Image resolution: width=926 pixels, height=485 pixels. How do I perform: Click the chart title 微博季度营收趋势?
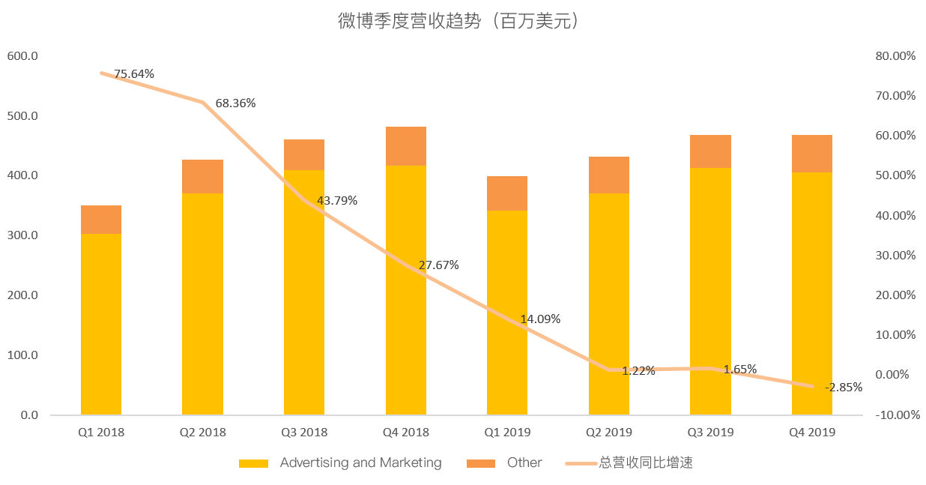pyautogui.click(x=459, y=22)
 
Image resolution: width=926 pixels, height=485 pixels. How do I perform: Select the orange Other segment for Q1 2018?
pyautogui.click(x=101, y=220)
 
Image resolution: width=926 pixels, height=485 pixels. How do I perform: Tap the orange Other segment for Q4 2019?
pyautogui.click(x=812, y=154)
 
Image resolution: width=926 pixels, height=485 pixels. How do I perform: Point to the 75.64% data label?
pyautogui.click(x=134, y=74)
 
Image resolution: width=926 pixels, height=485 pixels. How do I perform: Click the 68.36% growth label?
pyautogui.click(x=235, y=103)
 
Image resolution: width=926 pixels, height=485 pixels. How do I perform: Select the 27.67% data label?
pyautogui.click(x=438, y=265)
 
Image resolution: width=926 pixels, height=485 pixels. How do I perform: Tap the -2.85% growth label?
pyautogui.click(x=844, y=388)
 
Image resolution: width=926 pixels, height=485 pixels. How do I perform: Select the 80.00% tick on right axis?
pyautogui.click(x=896, y=56)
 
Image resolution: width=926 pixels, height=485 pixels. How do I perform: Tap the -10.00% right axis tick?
pyautogui.click(x=895, y=415)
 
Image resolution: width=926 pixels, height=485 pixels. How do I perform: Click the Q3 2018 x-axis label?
pyautogui.click(x=304, y=433)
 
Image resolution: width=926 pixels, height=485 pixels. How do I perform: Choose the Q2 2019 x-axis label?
pyautogui.click(x=609, y=433)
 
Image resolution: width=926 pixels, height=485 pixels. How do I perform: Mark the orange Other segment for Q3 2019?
pyautogui.click(x=710, y=151)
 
